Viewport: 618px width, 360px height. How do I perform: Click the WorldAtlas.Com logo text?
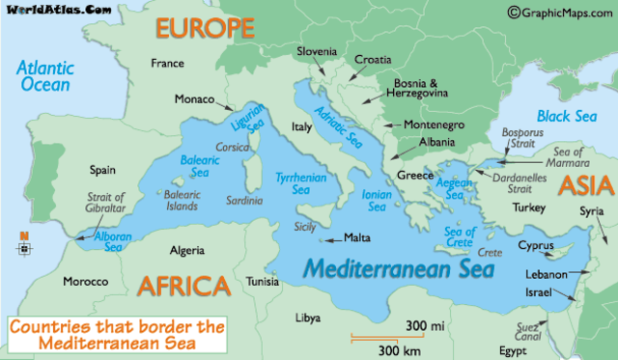56,11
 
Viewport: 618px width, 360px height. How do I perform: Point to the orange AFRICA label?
183,285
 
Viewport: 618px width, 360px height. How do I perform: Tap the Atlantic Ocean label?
47,76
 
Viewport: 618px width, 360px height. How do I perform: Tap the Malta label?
357,237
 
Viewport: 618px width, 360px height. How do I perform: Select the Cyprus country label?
536,245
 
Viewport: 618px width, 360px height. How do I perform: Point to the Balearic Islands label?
181,201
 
